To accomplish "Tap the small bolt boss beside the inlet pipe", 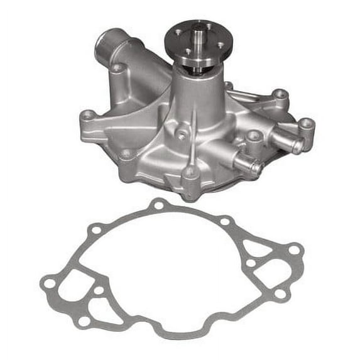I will [117, 68].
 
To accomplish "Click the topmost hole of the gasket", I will [159, 204].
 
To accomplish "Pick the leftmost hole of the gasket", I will [48, 283].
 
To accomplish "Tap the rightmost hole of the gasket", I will [293, 250].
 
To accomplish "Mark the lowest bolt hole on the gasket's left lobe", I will [84, 321].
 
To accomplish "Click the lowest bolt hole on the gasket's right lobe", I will [281, 293].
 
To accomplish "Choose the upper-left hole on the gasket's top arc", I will [95, 230].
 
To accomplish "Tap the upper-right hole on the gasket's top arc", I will [225, 221].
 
